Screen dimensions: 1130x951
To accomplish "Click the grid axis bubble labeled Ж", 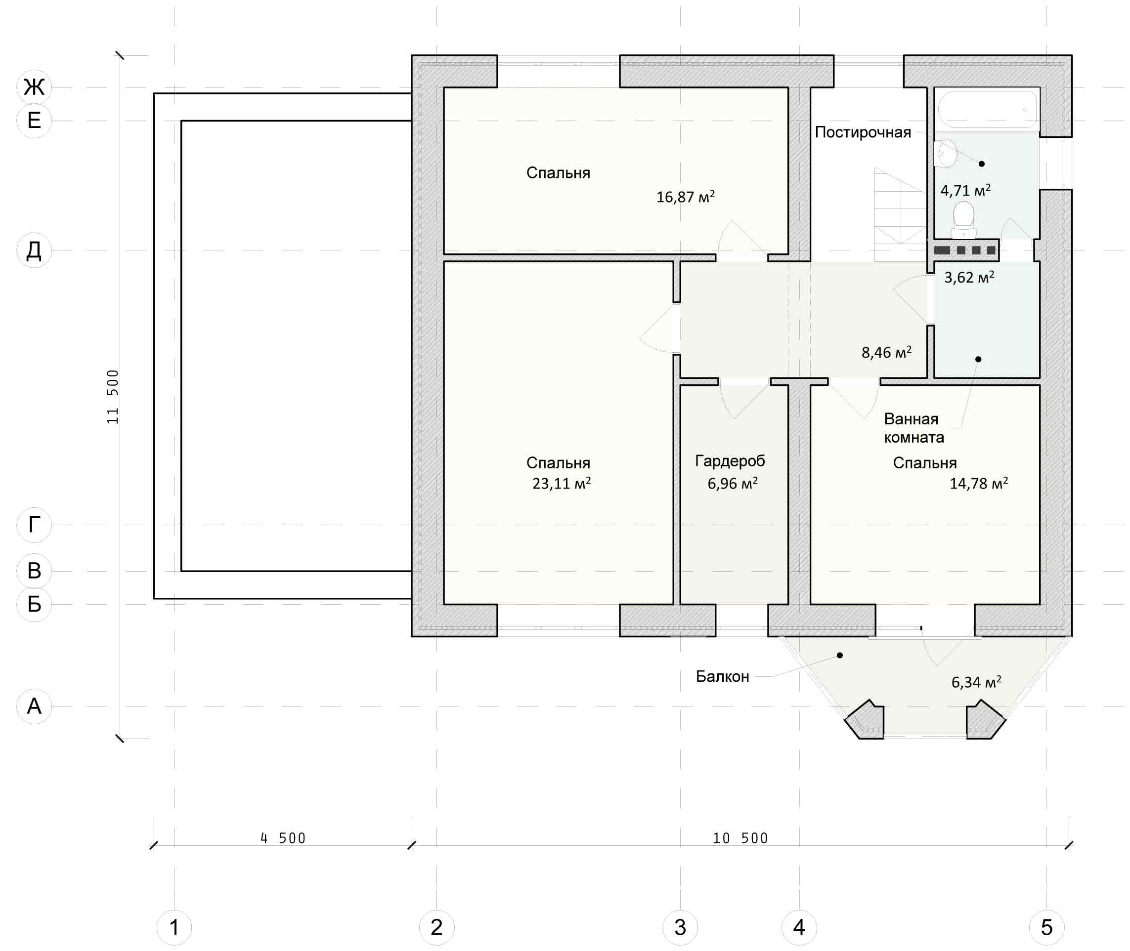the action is click(34, 87).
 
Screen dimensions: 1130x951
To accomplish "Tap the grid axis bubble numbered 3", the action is click(680, 927).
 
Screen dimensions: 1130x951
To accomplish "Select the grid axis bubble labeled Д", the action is click(34, 250).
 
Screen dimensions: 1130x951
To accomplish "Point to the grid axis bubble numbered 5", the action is click(1046, 927).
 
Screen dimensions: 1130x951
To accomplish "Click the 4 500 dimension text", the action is click(283, 838).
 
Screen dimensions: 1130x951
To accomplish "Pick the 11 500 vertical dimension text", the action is click(112, 397).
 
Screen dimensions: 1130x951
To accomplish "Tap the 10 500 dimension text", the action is click(740, 838).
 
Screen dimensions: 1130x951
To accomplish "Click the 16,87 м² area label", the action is click(686, 197).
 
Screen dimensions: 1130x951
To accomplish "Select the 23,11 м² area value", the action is click(562, 483).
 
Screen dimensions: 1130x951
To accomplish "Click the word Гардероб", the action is click(730, 461).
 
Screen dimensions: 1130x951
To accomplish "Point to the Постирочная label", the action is click(863, 132).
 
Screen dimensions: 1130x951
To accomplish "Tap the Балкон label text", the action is click(722, 677).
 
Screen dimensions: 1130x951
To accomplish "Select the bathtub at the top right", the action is click(988, 109).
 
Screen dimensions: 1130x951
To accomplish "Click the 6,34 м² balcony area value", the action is click(976, 682).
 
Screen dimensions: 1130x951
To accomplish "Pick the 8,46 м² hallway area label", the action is click(887, 352).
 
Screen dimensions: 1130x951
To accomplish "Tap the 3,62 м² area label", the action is click(969, 277).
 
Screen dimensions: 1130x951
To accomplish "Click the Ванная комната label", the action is click(913, 428).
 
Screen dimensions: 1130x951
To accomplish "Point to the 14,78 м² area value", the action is click(979, 483).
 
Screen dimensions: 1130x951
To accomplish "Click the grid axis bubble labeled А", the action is click(34, 706).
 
